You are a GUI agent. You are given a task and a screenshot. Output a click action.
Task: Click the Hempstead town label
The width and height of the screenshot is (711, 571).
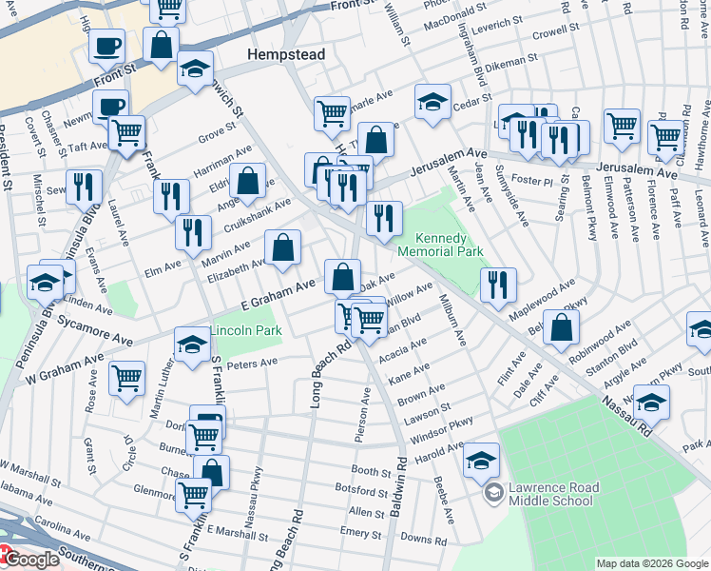coord(286,55)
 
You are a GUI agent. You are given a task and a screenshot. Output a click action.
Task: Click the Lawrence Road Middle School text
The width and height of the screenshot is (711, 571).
coord(553,495)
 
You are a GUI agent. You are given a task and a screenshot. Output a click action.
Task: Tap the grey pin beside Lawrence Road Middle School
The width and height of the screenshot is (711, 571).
coord(493,493)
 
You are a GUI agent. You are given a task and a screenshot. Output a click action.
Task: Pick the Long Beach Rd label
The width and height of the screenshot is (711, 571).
coord(317,375)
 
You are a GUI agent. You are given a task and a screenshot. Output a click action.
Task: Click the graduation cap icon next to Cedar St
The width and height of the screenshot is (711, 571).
coord(432,102)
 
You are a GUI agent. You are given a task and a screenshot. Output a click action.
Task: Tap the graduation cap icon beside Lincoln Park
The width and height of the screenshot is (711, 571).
coord(192,346)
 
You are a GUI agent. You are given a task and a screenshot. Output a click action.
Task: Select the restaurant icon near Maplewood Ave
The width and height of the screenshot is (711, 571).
coord(498,283)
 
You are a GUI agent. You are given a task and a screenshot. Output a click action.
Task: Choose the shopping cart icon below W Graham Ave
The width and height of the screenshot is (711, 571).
coord(126,379)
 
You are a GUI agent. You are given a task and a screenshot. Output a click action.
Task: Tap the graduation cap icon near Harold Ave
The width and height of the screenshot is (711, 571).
coord(482,461)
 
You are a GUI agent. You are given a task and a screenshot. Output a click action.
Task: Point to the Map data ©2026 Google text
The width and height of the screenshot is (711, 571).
coord(651,562)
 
